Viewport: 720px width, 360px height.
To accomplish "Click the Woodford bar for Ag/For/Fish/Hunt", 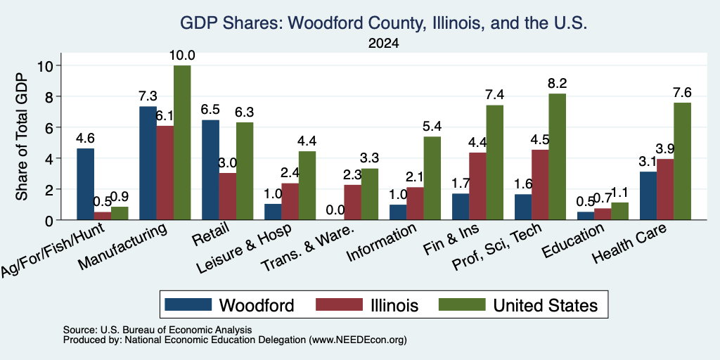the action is [85, 184].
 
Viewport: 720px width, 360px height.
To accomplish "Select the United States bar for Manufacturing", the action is [182, 143].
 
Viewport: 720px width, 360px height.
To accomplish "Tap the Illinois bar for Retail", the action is [227, 197].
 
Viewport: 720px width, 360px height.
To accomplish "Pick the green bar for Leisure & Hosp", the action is [307, 186].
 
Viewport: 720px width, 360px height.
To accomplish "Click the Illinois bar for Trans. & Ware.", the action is [353, 202].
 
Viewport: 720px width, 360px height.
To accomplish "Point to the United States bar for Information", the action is [432, 178].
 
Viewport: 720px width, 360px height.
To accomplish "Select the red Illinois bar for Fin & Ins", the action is [477, 186].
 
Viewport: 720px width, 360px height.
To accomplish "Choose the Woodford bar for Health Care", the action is [648, 195].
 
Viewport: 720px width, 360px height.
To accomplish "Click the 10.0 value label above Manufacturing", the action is [182, 56].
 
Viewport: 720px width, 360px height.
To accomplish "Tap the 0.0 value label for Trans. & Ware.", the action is [335, 210].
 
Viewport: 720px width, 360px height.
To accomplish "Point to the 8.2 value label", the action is [558, 84].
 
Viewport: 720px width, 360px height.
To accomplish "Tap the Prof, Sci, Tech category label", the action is [498, 247].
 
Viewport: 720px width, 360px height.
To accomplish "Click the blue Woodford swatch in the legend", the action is [188, 304].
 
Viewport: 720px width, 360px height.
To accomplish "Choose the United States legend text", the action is [546, 305].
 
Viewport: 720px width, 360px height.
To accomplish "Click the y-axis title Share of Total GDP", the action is [22, 136].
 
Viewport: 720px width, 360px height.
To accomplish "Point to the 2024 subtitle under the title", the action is [383, 44].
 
